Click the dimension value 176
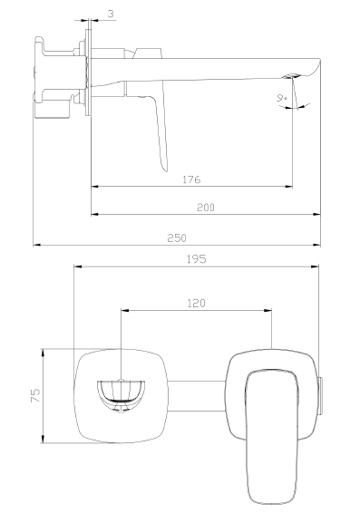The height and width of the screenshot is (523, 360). (190, 179)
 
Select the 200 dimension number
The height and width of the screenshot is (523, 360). (205, 208)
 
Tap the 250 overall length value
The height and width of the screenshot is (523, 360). (177, 237)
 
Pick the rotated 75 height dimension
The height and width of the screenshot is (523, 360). (35, 395)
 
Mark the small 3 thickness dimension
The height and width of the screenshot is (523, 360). (110, 14)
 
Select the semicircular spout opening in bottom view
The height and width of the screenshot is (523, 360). (121, 393)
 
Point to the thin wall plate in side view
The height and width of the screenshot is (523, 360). (88, 76)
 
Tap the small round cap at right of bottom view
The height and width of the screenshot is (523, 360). (321, 395)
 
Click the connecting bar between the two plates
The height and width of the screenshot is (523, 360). (194, 395)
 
